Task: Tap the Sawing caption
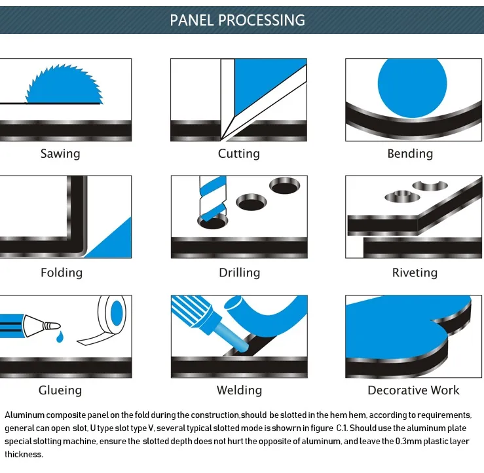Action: pyautogui.click(x=60, y=154)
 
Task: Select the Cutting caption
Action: pyautogui.click(x=238, y=154)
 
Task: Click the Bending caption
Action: pyautogui.click(x=410, y=154)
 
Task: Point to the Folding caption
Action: pyautogui.click(x=62, y=273)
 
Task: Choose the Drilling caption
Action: pyautogui.click(x=239, y=273)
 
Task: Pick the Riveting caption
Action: pyautogui.click(x=414, y=273)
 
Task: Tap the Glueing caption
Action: pyautogui.click(x=60, y=390)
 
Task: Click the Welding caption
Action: pyautogui.click(x=239, y=390)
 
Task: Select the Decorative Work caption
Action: pyautogui.click(x=413, y=390)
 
